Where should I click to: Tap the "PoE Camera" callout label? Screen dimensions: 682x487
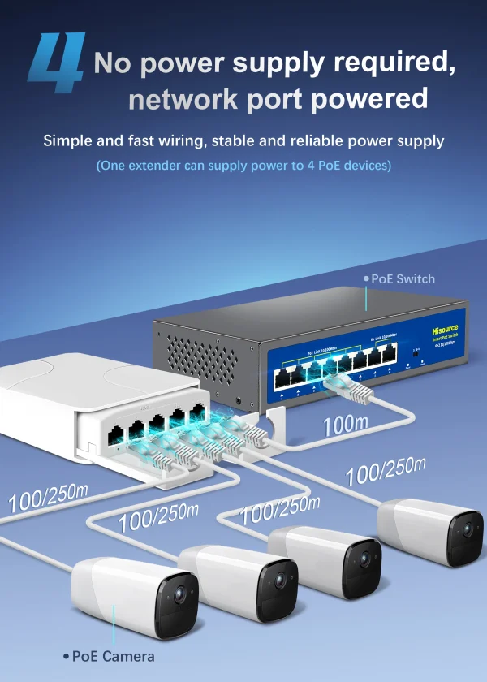[x=113, y=656]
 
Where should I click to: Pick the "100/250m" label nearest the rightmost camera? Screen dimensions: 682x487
[x=386, y=472]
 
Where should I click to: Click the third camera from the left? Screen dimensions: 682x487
[x=325, y=560]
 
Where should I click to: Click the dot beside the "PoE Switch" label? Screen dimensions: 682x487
[x=365, y=278]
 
